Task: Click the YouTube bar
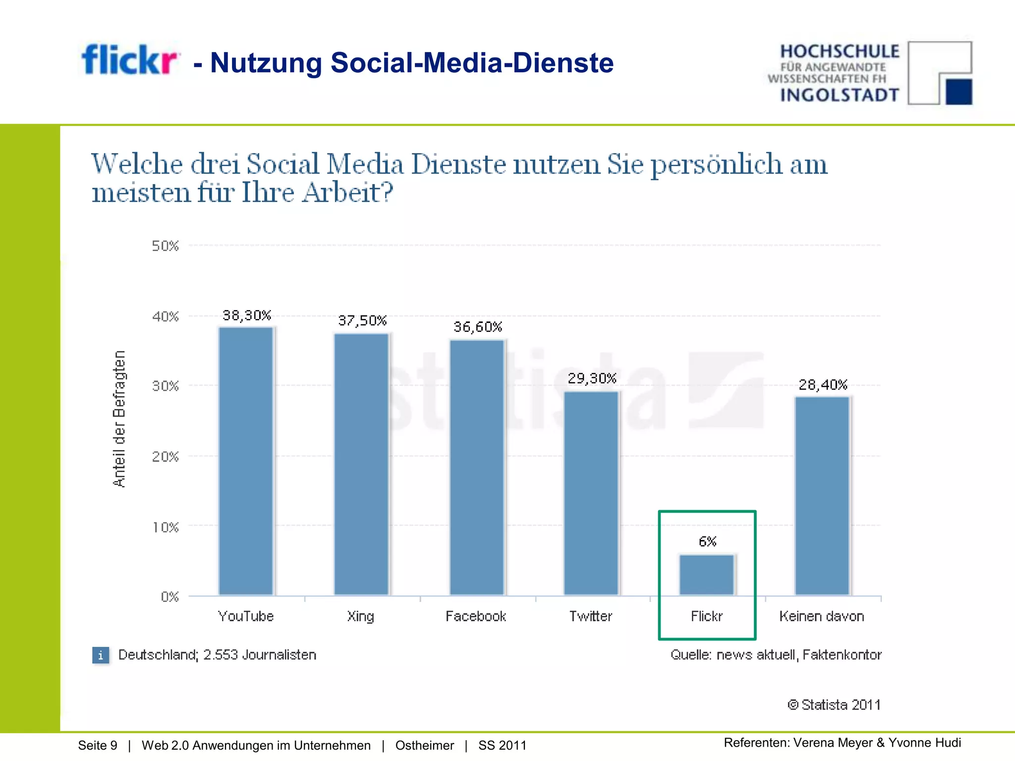pyautogui.click(x=246, y=461)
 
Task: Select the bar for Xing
pyautogui.click(x=361, y=464)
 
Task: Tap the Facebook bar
pyautogui.click(x=477, y=467)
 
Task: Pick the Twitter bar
pyautogui.click(x=591, y=493)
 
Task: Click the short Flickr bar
pyautogui.click(x=707, y=575)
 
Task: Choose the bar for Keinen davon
pyautogui.click(x=822, y=495)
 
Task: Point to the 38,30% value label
pyautogui.click(x=247, y=316)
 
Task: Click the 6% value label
pyautogui.click(x=708, y=542)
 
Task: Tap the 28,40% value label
pyautogui.click(x=823, y=385)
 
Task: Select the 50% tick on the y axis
pyautogui.click(x=165, y=246)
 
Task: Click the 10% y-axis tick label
pyautogui.click(x=165, y=527)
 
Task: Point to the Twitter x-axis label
pyautogui.click(x=591, y=616)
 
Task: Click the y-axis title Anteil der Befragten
pyautogui.click(x=119, y=419)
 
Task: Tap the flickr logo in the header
pyautogui.click(x=129, y=60)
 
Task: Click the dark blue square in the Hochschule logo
pyautogui.click(x=959, y=92)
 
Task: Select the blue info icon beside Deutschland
pyautogui.click(x=101, y=655)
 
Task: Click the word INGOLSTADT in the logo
pyautogui.click(x=840, y=95)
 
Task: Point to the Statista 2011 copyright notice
pyautogui.click(x=834, y=705)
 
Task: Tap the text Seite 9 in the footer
pyautogui.click(x=98, y=745)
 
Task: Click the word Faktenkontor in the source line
pyautogui.click(x=842, y=655)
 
